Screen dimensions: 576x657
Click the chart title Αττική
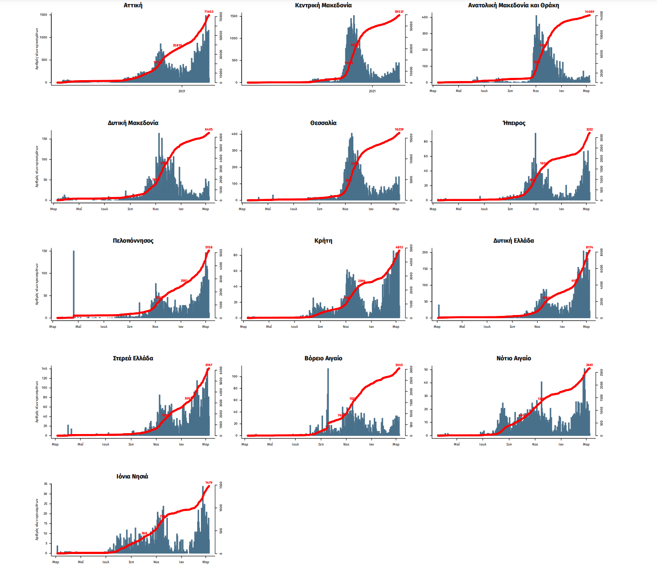pyautogui.click(x=133, y=5)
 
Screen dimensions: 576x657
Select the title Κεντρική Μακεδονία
pyautogui.click(x=323, y=5)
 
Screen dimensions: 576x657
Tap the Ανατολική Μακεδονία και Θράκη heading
pyautogui.click(x=513, y=5)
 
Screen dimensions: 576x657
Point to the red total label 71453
pyautogui.click(x=209, y=12)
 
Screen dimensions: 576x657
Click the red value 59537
pyautogui.click(x=399, y=12)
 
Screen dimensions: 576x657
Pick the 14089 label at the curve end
pyautogui.click(x=589, y=12)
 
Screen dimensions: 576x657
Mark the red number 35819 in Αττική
pyautogui.click(x=177, y=45)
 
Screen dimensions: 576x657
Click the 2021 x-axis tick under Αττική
pyautogui.click(x=182, y=91)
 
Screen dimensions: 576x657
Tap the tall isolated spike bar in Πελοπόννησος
pyautogui.click(x=74, y=284)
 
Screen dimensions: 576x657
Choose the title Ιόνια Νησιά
pyautogui.click(x=132, y=477)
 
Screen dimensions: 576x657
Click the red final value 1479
pyautogui.click(x=209, y=483)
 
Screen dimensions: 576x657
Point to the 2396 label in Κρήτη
pyautogui.click(x=361, y=281)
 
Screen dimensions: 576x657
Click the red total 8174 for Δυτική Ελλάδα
pyautogui.click(x=589, y=247)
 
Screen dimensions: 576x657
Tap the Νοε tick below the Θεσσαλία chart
pyautogui.click(x=345, y=209)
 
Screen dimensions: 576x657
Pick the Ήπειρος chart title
pyautogui.click(x=513, y=123)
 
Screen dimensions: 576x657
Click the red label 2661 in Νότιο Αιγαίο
pyautogui.click(x=589, y=365)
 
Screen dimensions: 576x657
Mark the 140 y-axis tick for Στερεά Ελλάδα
pyautogui.click(x=45, y=369)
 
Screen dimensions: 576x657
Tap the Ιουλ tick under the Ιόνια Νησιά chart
pyautogui.click(x=106, y=562)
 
